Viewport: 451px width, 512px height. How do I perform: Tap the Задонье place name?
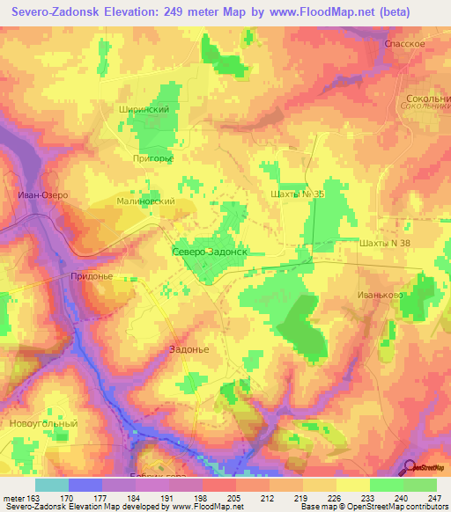coord(188,348)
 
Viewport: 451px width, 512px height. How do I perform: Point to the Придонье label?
coord(89,275)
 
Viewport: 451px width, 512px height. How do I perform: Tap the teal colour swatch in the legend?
coord(51,485)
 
